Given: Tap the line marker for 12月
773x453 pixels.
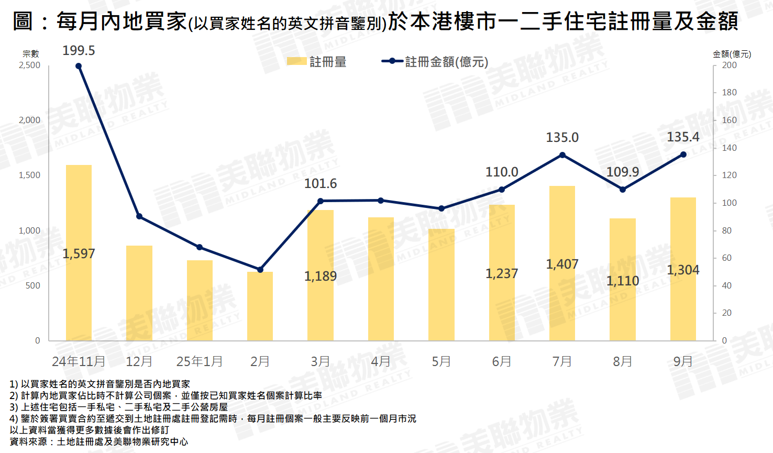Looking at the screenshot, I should (139, 216).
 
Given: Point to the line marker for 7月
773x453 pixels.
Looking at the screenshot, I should (562, 155).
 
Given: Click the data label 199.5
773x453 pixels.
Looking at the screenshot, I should (79, 51).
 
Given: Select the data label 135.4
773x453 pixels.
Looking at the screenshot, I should (683, 137).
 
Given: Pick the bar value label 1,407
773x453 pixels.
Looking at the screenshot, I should (562, 264).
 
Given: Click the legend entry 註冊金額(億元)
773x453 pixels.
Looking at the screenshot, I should (446, 62).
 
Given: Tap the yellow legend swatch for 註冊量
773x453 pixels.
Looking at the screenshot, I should (296, 62).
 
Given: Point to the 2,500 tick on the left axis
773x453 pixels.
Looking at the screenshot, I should (29, 65).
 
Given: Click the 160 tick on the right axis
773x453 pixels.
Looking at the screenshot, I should (729, 120).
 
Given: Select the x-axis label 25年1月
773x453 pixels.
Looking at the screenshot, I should (200, 361).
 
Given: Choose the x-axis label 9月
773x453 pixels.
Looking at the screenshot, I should (683, 361).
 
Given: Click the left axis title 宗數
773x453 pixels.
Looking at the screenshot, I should (30, 53).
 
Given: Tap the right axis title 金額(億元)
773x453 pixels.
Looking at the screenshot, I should (732, 54).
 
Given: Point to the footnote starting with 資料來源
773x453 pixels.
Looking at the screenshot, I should (99, 441).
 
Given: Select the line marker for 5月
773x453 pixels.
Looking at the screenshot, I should (441, 208).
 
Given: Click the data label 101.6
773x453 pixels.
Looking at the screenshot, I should (321, 184).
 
